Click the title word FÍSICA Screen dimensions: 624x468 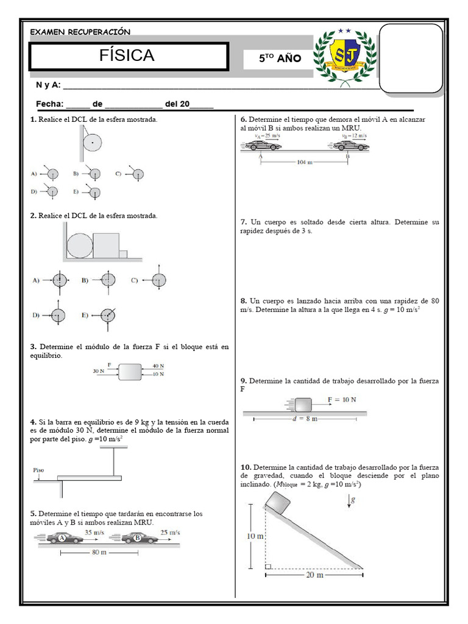[x=127, y=56]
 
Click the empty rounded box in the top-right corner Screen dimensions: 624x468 [x=411, y=58]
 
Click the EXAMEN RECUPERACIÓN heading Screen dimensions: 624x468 [x=80, y=32]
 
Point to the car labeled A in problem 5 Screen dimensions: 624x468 [x=63, y=538]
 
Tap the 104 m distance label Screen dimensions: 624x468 [x=305, y=162]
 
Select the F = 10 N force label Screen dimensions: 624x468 [x=342, y=400]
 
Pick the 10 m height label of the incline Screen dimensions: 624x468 [x=255, y=536]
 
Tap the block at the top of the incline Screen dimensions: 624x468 [x=277, y=503]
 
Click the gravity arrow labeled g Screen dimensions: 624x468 [x=350, y=501]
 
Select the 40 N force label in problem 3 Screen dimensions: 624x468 [x=158, y=366]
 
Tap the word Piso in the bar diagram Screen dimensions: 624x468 [x=39, y=470]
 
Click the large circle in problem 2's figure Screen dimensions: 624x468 [x=80, y=245]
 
